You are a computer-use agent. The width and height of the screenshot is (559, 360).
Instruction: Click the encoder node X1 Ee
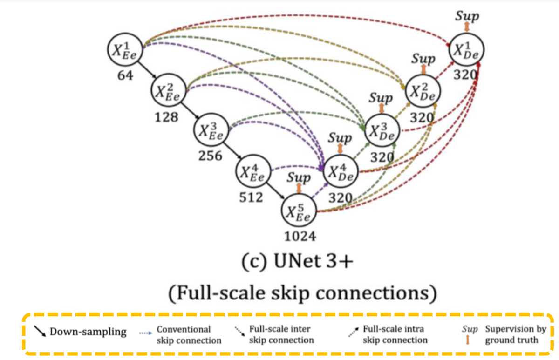pyautogui.click(x=124, y=49)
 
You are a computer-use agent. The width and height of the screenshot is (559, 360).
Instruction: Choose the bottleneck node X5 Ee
pyautogui.click(x=299, y=212)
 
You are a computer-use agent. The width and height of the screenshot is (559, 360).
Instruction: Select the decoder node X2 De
pyautogui.click(x=423, y=90)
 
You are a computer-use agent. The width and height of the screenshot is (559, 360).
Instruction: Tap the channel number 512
pyautogui.click(x=252, y=197)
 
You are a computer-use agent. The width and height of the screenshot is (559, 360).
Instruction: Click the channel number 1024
pyautogui.click(x=300, y=237)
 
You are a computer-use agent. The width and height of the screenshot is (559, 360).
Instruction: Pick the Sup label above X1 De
pyautogui.click(x=467, y=16)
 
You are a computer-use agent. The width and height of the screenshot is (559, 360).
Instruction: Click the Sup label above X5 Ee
pyautogui.click(x=299, y=177)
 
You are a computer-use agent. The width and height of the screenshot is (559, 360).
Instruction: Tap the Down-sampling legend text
pyautogui.click(x=88, y=332)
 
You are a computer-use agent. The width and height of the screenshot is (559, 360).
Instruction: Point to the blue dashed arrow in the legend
pyautogui.click(x=146, y=333)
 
